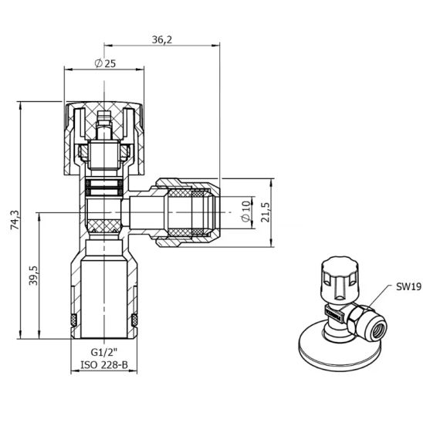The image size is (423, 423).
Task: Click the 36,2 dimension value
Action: pyautogui.click(x=162, y=39)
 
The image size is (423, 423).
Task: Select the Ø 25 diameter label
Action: pyautogui.click(x=105, y=63)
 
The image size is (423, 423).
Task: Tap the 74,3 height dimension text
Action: pyautogui.click(x=15, y=219)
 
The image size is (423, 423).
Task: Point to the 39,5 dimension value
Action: pyautogui.click(x=33, y=275)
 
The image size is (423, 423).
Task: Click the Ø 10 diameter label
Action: pyautogui.click(x=246, y=211)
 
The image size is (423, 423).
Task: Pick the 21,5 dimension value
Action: pyautogui.click(x=266, y=212)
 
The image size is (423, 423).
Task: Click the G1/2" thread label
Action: pyautogui.click(x=104, y=352)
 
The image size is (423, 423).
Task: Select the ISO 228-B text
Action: pyautogui.click(x=104, y=365)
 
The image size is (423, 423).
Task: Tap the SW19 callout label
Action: pyautogui.click(x=408, y=287)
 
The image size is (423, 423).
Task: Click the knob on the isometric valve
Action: pyautogui.click(x=340, y=278)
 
